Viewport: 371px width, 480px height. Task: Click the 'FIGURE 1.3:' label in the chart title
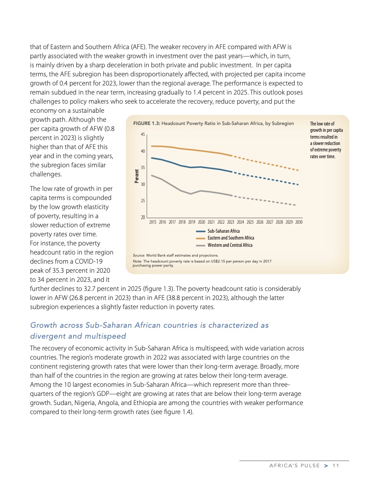[146, 124]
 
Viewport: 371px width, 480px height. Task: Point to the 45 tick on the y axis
[142, 135]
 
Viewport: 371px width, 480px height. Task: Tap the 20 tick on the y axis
[142, 217]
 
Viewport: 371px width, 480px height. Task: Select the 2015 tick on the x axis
[153, 222]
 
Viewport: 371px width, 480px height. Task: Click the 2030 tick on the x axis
[299, 222]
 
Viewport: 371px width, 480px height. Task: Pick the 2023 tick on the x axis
[231, 222]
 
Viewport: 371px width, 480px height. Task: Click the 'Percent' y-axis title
[137, 176]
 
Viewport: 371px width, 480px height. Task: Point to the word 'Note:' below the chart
[138, 260]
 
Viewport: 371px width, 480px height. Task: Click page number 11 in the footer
[336, 465]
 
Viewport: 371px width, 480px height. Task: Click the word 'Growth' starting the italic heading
[44, 325]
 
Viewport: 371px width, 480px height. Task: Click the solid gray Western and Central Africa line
[191, 192]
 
